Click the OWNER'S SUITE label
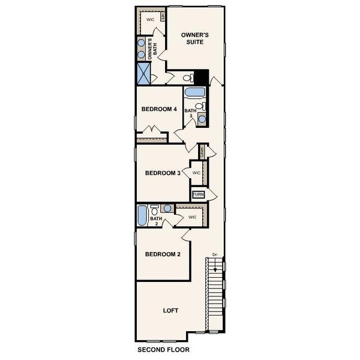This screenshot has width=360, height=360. coord(195,39)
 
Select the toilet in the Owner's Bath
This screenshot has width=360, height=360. coord(187,77)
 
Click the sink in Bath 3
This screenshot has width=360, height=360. coord(202,118)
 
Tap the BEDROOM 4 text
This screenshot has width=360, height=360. coord(158,110)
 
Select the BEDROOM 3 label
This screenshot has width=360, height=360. coord(163,173)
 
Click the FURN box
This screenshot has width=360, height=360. coord(198,194)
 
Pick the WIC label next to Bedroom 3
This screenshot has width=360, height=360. coord(196,173)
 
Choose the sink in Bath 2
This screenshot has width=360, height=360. coord(167,208)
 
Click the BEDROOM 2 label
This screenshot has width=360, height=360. coord(163,254)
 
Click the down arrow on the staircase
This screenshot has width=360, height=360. coord(215,261)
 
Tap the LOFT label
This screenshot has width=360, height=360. coord(171,310)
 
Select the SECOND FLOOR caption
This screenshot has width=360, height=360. coord(163,349)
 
